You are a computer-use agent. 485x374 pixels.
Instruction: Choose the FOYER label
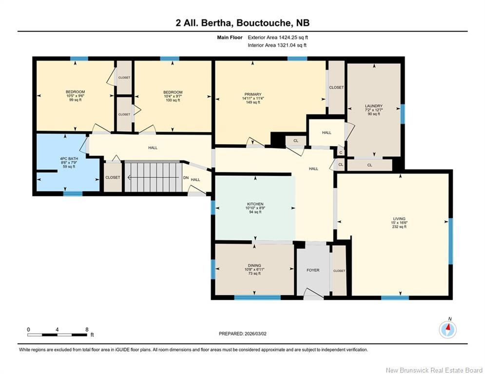[x=313, y=270]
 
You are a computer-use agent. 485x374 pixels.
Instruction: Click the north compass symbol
[x=447, y=330]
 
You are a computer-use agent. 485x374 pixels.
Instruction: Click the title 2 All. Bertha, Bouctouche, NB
[x=242, y=23]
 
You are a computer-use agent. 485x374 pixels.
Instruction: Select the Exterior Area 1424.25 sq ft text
[x=278, y=37]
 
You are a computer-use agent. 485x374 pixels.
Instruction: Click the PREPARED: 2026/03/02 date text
[x=243, y=334]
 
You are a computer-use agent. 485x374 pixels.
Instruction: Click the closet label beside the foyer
[x=339, y=271]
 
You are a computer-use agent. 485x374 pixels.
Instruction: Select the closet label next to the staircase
[x=113, y=178]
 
